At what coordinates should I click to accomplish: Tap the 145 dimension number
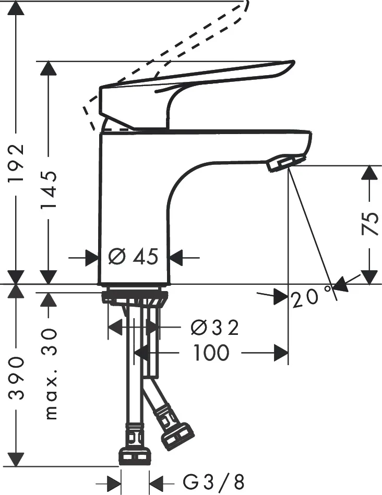click(x=49, y=189)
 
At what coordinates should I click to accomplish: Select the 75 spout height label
click(x=369, y=224)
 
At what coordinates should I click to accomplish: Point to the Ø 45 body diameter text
click(x=133, y=256)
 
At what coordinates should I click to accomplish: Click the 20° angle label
click(x=311, y=297)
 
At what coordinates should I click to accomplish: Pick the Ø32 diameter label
click(x=215, y=328)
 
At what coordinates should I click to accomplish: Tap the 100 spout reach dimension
click(x=211, y=352)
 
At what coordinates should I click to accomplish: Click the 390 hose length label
click(x=16, y=378)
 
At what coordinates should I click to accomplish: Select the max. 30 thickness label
click(x=50, y=374)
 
